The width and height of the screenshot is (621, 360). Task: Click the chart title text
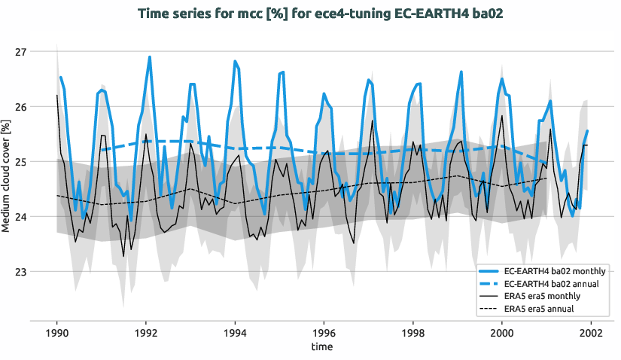[310, 14]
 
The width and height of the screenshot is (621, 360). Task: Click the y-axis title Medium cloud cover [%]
[7, 175]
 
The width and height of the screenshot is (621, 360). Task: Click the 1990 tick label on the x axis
[57, 332]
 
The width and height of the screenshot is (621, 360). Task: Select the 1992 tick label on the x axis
[146, 332]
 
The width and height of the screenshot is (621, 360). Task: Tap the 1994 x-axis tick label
[235, 332]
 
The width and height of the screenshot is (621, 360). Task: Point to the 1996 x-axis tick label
[324, 332]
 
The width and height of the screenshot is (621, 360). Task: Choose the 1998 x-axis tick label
[412, 332]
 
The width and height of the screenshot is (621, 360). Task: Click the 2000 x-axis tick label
[501, 332]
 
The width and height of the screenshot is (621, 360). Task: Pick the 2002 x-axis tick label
[590, 332]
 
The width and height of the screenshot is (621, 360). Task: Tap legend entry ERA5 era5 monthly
[542, 297]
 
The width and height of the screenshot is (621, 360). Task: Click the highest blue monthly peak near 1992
[150, 57]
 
